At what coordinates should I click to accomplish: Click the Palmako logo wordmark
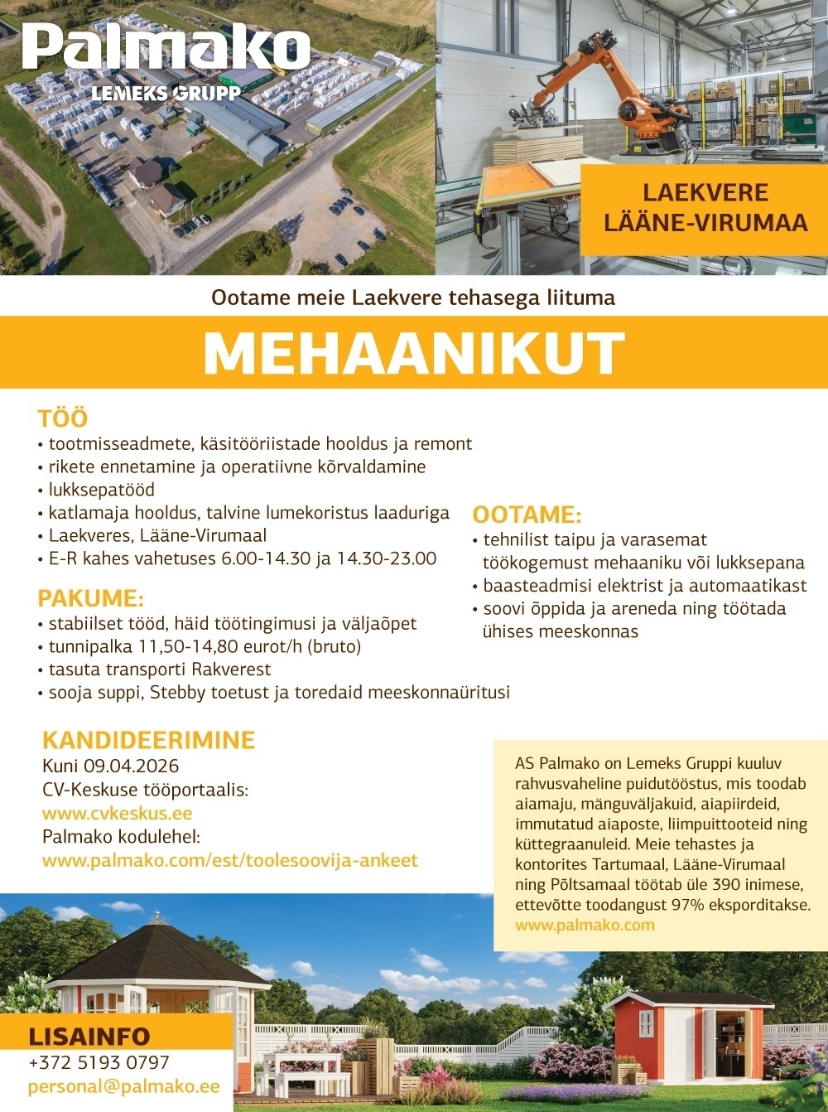[x=166, y=48]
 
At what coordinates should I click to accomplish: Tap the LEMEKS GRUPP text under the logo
[x=166, y=93]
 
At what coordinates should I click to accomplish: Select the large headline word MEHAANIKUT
[x=413, y=353]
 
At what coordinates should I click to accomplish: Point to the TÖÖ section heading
[x=62, y=418]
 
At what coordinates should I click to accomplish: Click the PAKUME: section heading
[x=91, y=598]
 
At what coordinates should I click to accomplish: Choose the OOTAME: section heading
[x=527, y=515]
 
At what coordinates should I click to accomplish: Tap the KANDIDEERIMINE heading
[x=149, y=740]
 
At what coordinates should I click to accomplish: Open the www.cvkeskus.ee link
[x=118, y=814]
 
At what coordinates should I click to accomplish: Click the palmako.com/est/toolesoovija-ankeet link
[x=230, y=860]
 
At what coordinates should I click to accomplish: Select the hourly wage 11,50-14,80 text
[x=194, y=646]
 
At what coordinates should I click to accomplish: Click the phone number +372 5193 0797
[x=99, y=1062]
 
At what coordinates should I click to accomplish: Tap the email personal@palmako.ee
[x=124, y=1086]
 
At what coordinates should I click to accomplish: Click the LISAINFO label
[x=89, y=1037]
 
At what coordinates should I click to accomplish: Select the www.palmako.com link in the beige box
[x=585, y=925]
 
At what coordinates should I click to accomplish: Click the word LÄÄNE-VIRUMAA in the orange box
[x=705, y=222]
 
